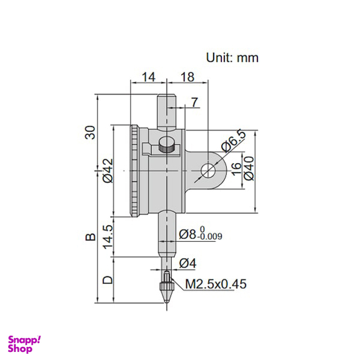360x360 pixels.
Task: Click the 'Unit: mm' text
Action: point(232,57)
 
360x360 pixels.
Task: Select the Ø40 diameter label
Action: point(249,169)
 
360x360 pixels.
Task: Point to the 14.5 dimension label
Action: point(107,236)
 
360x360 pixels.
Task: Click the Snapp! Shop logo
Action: point(24,344)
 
